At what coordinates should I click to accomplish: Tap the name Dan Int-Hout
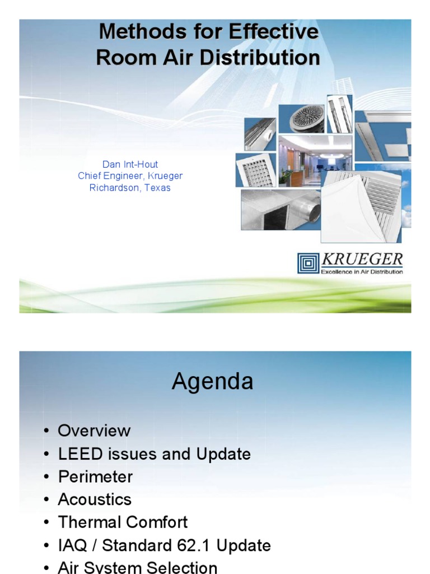click(x=130, y=164)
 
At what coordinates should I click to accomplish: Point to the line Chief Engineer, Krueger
click(x=130, y=176)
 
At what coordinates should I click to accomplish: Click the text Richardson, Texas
click(x=130, y=188)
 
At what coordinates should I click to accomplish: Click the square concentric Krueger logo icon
click(x=308, y=263)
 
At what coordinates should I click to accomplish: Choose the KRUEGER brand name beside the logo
click(x=362, y=260)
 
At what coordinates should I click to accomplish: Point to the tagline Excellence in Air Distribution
click(x=362, y=272)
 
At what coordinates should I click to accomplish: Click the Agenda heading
click(x=212, y=382)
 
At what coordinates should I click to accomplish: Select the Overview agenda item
click(x=94, y=430)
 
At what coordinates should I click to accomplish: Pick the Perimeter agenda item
click(x=95, y=476)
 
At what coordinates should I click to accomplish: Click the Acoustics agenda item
click(x=95, y=499)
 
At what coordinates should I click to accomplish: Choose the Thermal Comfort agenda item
click(x=123, y=522)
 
